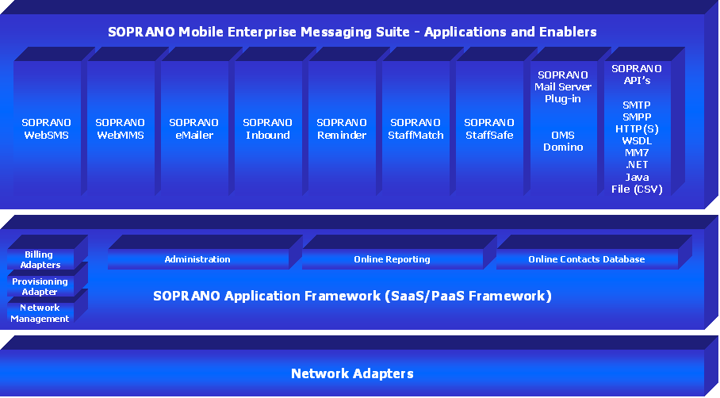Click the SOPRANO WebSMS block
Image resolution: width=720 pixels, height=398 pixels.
pyautogui.click(x=46, y=129)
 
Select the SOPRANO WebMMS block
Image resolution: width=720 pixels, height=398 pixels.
pyautogui.click(x=120, y=129)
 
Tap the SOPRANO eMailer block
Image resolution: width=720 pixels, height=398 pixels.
pyautogui.click(x=193, y=129)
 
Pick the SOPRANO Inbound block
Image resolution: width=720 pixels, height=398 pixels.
pyautogui.click(x=267, y=129)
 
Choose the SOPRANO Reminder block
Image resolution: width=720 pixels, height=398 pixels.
pyautogui.click(x=341, y=129)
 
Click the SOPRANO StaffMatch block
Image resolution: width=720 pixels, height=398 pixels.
pyautogui.click(x=415, y=129)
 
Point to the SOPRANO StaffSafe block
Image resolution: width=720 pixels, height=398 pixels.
pyautogui.click(x=488, y=129)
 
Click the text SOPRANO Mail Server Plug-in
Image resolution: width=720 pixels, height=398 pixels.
pyautogui.click(x=562, y=87)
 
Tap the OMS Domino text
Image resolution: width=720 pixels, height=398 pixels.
pyautogui.click(x=562, y=141)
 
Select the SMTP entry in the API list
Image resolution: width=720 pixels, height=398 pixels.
pyautogui.click(x=636, y=105)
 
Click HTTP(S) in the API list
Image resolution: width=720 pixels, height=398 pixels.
pyautogui.click(x=636, y=129)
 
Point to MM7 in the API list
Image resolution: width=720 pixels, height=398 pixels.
pyautogui.click(x=636, y=153)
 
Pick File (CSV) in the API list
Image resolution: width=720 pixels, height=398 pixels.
pyautogui.click(x=636, y=189)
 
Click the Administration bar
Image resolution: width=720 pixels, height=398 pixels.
pyautogui.click(x=197, y=259)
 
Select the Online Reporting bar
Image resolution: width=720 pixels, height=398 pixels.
pyautogui.click(x=392, y=259)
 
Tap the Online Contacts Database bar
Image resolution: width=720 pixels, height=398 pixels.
pyautogui.click(x=586, y=259)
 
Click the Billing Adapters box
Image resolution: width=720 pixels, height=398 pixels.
pyautogui.click(x=40, y=260)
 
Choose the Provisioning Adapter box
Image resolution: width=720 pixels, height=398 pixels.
pyautogui.click(x=40, y=286)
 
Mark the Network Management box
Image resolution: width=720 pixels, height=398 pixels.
pyautogui.click(x=40, y=313)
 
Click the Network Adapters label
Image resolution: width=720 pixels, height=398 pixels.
pyautogui.click(x=352, y=373)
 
